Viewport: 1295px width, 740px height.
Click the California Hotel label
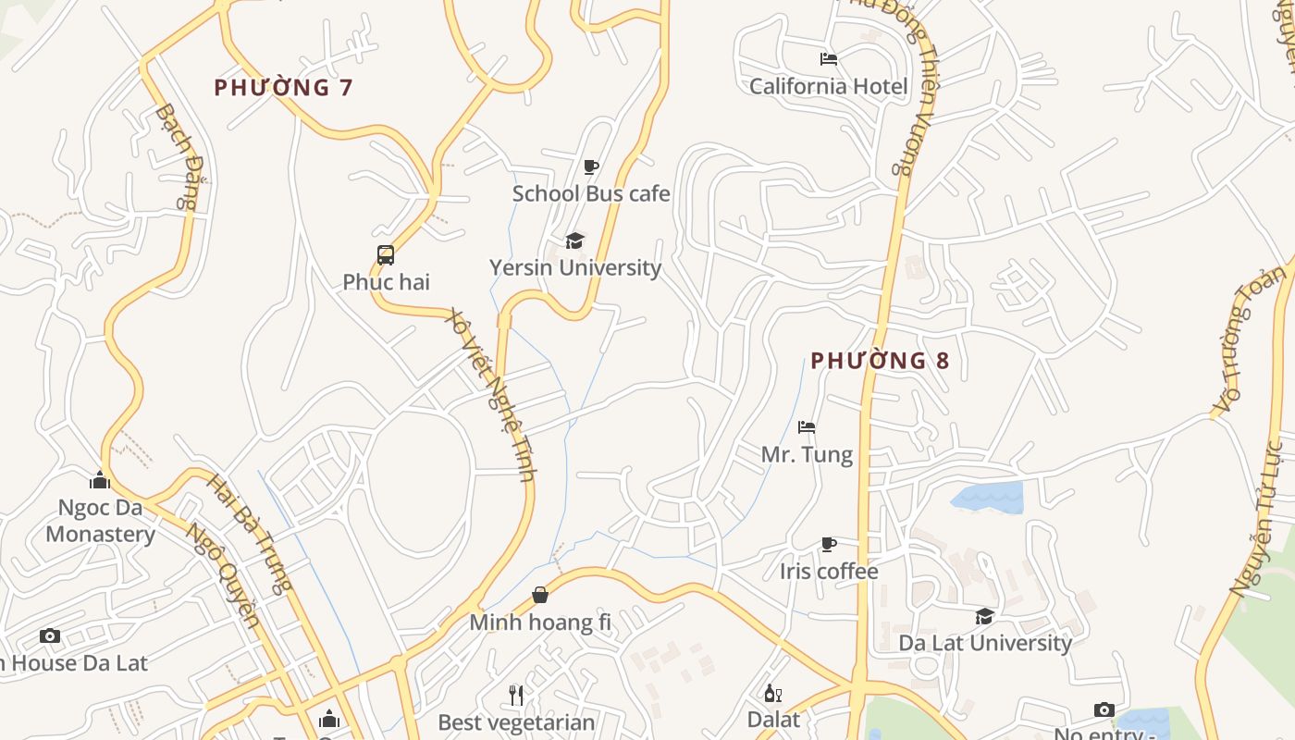828,86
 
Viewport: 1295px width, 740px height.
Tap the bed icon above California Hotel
829,59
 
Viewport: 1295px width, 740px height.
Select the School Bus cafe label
591,193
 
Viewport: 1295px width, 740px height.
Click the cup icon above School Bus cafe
591,167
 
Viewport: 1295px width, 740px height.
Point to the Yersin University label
575,267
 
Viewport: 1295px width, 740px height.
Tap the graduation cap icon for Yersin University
575,241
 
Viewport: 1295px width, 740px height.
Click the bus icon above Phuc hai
386,255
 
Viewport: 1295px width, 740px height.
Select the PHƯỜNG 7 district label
284,88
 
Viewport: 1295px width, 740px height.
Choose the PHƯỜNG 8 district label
880,361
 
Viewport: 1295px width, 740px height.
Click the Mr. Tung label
807,454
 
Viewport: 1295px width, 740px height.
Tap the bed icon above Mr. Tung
807,427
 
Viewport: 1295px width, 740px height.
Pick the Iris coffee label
829,571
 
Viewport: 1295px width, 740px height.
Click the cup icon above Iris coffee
829,545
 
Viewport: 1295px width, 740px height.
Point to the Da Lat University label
985,642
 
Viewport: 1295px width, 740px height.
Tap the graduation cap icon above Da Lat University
985,616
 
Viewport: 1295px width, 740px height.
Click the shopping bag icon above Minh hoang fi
540,595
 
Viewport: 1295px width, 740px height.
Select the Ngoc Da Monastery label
100,521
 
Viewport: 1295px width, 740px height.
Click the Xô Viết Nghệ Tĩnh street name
491,394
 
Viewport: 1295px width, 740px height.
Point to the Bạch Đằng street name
179,155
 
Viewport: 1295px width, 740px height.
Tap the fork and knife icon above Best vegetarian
516,695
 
